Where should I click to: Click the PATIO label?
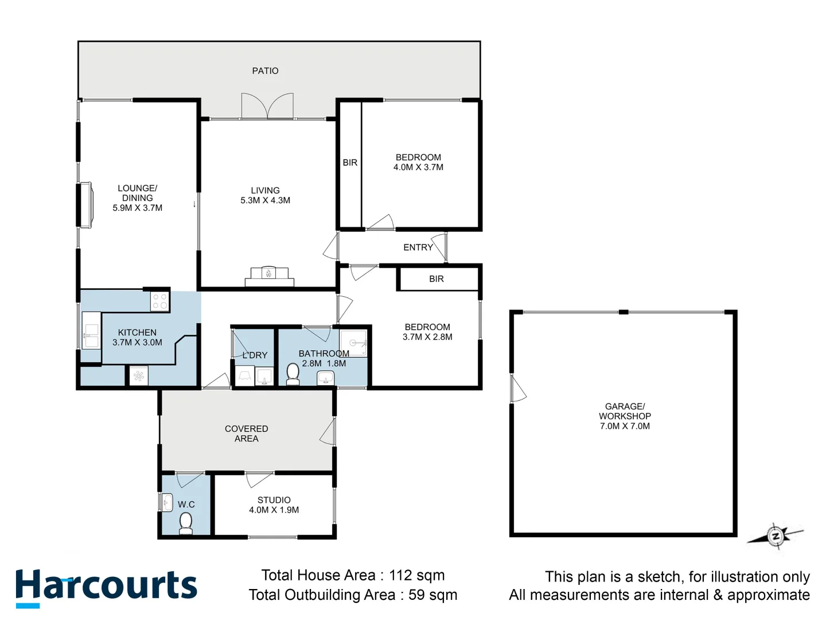coord(265,71)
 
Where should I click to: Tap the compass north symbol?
coord(776,537)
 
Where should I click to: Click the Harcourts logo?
coord(106,587)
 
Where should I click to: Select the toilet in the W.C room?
coord(186,523)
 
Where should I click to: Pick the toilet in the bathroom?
coord(293,374)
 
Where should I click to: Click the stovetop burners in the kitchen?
coord(160,301)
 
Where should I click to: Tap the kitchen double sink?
coord(91,331)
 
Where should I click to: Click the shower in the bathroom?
coord(353,343)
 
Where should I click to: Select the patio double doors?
coord(267,107)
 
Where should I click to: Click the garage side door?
coord(517,389)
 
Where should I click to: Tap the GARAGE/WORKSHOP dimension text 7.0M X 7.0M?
coord(625,426)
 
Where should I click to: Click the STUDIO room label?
coord(274,500)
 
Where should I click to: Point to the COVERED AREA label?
coord(246,433)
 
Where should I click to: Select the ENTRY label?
coord(418,247)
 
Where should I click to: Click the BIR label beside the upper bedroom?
coord(350,162)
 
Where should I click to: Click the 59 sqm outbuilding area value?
coord(433,595)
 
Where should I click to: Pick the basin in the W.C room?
coord(166,502)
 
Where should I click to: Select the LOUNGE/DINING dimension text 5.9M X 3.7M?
coord(137,208)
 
